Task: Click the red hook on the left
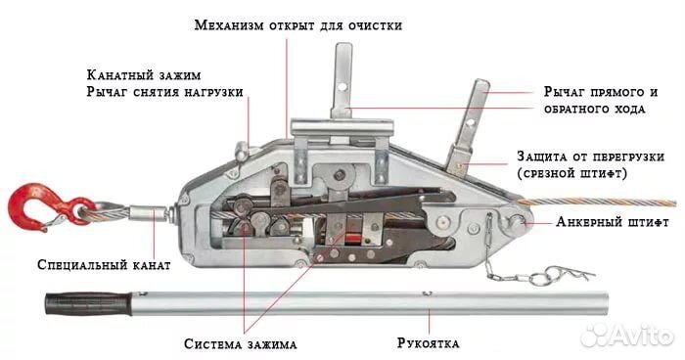click(x=28, y=206)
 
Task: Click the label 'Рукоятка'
click(x=429, y=344)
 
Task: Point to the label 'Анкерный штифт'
click(x=613, y=222)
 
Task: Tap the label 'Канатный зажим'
click(x=145, y=75)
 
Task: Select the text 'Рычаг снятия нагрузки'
click(x=165, y=94)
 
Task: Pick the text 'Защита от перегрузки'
click(x=591, y=157)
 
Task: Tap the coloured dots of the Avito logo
click(x=595, y=334)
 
